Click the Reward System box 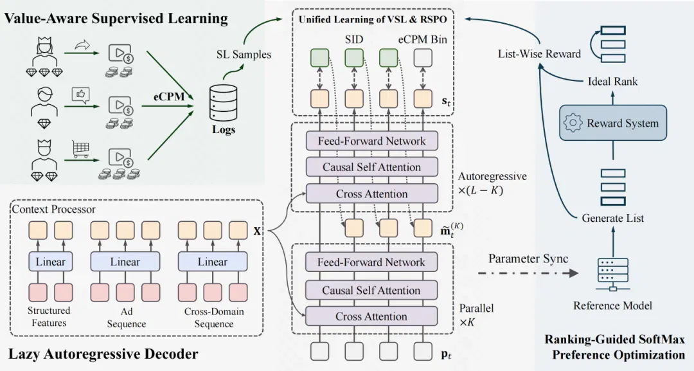612,123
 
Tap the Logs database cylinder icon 223,102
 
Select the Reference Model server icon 612,275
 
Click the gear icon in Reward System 573,123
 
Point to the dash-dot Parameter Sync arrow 528,273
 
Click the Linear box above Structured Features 51,262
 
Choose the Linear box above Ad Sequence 125,262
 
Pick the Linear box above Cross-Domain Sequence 213,262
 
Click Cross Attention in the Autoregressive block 372,194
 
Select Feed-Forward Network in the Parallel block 371,262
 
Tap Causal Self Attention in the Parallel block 371,291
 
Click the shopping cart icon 80,149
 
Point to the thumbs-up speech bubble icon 80,95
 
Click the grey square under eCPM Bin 423,58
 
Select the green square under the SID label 354,58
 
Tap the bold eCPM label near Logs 169,96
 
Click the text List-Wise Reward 539,54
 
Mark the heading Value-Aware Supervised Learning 116,18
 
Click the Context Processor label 53,209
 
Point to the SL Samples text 244,55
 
